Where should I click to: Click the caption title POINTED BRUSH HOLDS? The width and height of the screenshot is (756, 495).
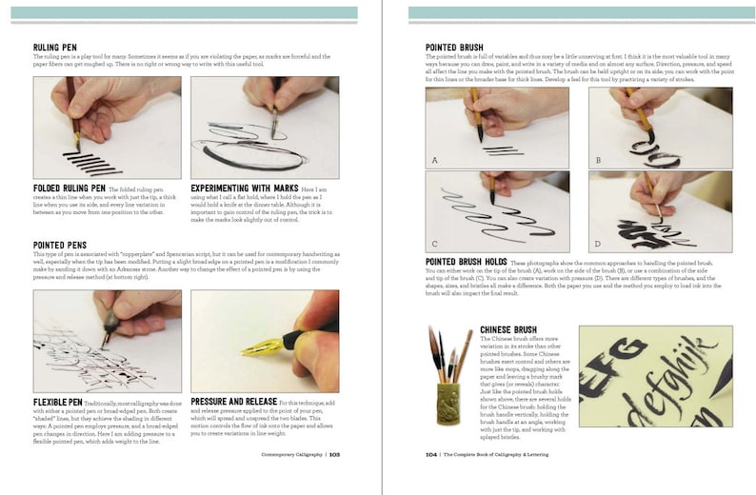pos(466,261)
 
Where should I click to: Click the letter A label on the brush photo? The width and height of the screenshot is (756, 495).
pos(434,160)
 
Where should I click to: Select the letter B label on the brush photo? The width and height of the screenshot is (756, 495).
pos(597,160)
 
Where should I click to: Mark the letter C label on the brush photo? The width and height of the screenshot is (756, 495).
pos(434,245)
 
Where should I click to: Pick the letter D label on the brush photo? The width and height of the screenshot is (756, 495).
pos(597,245)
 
